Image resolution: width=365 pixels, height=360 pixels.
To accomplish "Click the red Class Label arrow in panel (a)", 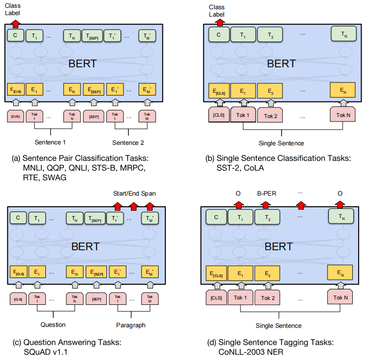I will pos(15,23).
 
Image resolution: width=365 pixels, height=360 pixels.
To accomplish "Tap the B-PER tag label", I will pos(267,194).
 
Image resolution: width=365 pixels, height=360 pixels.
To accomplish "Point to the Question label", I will pos(53,324).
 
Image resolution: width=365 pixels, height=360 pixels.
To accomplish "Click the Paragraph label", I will pos(130,324).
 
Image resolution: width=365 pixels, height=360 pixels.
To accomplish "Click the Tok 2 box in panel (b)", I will pos(270,115).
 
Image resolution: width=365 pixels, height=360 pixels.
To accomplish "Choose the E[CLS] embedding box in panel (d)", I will pos(218,275).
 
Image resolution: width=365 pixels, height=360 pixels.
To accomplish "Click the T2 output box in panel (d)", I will pos(266,218).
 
